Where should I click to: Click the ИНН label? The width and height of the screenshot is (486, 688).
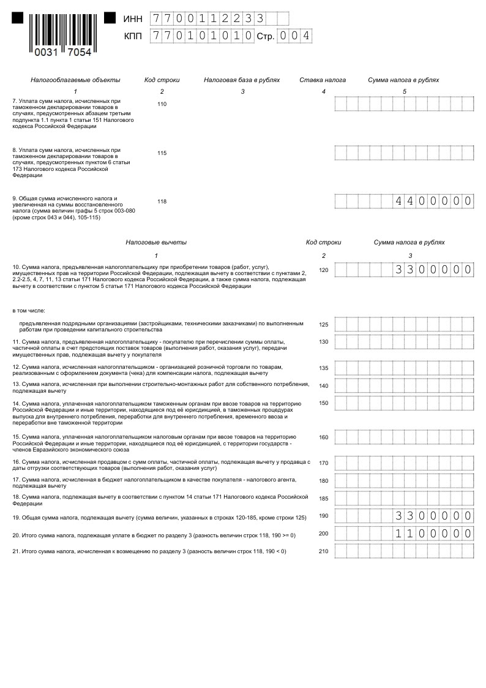(x=133, y=20)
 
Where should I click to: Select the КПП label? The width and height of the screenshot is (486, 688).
(x=133, y=37)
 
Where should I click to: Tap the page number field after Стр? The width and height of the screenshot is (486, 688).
(x=294, y=36)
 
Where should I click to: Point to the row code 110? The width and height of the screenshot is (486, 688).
(x=162, y=104)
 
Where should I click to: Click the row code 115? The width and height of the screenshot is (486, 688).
(x=162, y=153)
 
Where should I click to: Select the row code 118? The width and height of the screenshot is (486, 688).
(x=162, y=202)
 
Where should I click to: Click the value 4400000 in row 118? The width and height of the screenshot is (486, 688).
(x=433, y=201)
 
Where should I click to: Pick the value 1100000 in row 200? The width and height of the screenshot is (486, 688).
(x=433, y=534)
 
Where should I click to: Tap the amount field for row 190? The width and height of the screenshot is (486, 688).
(x=404, y=516)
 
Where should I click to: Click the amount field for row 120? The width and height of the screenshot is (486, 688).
(x=404, y=270)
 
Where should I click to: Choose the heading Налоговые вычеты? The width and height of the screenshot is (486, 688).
(x=156, y=243)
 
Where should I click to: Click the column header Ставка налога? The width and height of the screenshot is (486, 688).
(x=323, y=80)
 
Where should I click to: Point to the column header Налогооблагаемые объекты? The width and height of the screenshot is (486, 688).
(x=75, y=80)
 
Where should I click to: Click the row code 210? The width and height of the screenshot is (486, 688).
(x=323, y=551)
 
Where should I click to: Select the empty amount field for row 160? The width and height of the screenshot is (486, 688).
(x=404, y=437)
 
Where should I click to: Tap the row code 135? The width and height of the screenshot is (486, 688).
(x=323, y=368)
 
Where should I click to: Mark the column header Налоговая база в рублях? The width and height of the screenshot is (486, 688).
(x=242, y=80)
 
